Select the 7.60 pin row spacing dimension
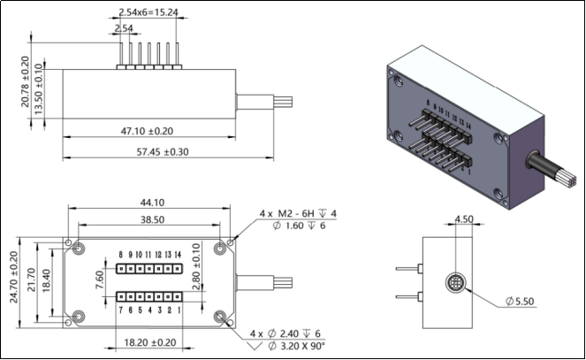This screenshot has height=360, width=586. point(100,279)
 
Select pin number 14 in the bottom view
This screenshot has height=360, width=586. point(178,254)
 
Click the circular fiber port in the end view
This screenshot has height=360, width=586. point(454,285)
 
